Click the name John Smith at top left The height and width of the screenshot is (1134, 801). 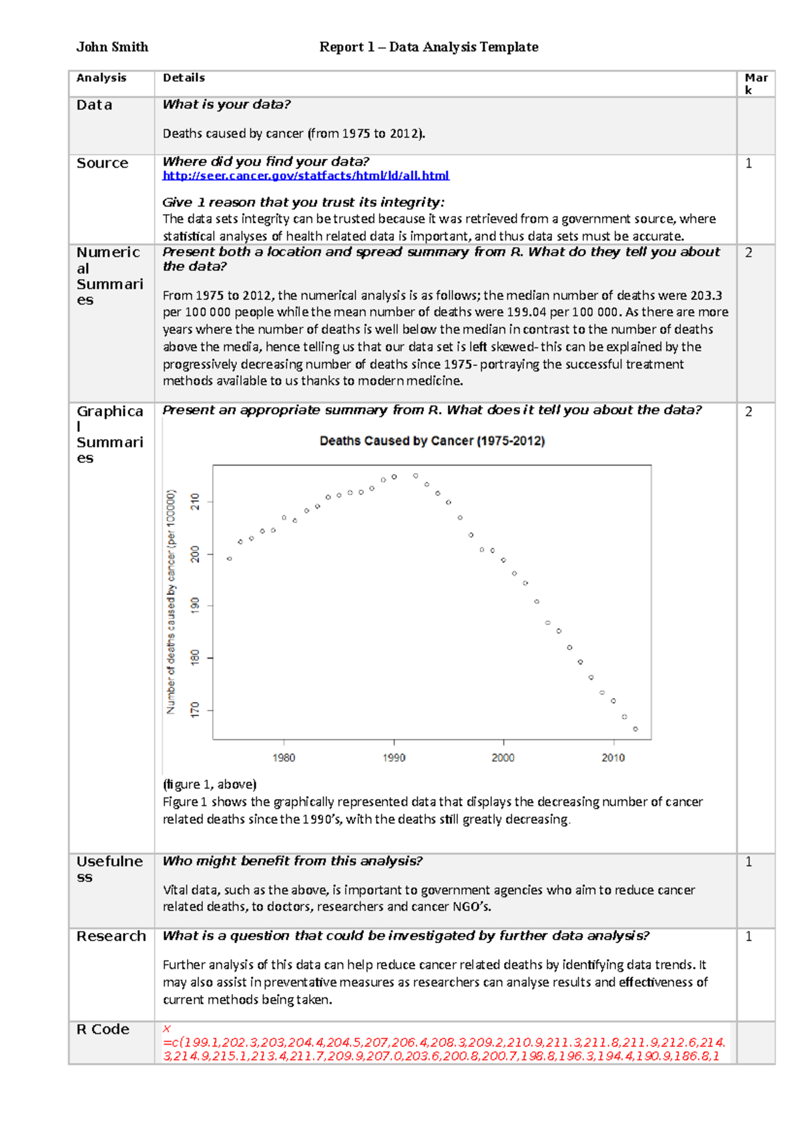(112, 47)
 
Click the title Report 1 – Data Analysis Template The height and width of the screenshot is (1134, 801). (429, 47)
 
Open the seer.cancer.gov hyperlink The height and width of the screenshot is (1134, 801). (306, 176)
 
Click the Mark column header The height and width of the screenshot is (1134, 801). (756, 83)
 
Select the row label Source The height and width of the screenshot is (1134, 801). (102, 164)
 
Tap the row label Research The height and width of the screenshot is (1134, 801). (111, 936)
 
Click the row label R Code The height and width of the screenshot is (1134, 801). (103, 1029)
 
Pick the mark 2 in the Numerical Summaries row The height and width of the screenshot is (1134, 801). (749, 252)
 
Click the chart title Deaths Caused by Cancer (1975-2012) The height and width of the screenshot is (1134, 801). (432, 441)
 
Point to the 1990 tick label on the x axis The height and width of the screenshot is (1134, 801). (394, 757)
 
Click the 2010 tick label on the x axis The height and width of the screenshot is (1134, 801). (613, 757)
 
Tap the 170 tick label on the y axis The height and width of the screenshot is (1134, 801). (195, 710)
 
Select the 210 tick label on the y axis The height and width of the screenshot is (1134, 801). (195, 502)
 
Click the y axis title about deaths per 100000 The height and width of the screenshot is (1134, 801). (171, 601)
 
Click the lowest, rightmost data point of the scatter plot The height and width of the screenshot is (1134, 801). (635, 729)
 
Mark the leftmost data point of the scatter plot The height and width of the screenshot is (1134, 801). (230, 558)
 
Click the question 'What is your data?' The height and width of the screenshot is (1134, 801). (226, 105)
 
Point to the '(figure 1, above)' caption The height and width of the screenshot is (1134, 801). (210, 784)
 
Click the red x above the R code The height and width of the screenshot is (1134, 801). (167, 1029)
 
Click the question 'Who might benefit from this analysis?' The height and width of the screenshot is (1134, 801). (292, 862)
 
